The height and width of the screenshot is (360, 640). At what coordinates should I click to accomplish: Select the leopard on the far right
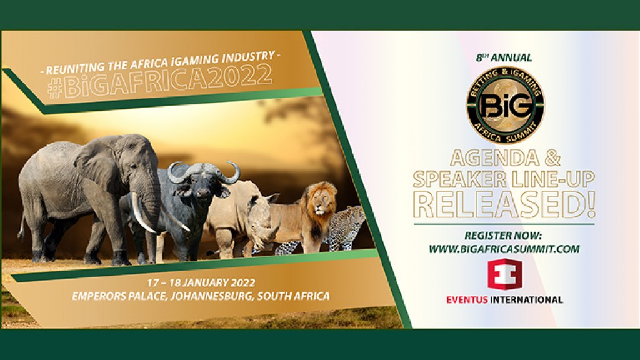[346, 227]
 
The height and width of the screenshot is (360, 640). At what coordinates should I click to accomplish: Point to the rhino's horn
[271, 198]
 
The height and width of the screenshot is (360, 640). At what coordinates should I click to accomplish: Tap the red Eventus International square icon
[505, 276]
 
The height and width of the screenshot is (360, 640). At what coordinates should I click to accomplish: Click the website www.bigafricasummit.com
[504, 249]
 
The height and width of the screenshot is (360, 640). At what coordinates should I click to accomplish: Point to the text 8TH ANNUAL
[504, 58]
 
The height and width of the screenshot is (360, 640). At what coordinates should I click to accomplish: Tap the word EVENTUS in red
[470, 299]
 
